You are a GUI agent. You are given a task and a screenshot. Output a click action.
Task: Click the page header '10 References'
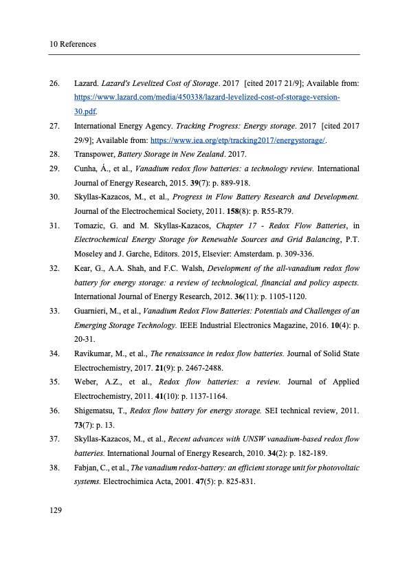pyautogui.click(x=73, y=45)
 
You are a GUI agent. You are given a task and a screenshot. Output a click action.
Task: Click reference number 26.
pyautogui.click(x=55, y=84)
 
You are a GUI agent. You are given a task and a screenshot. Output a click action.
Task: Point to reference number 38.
pyautogui.click(x=55, y=468)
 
